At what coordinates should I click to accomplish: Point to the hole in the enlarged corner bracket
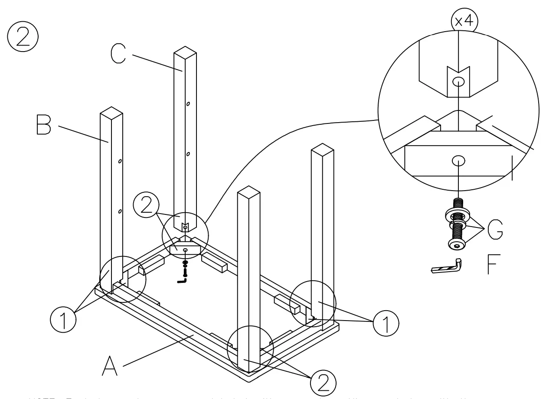458,161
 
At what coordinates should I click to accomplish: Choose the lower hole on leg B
120,211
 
